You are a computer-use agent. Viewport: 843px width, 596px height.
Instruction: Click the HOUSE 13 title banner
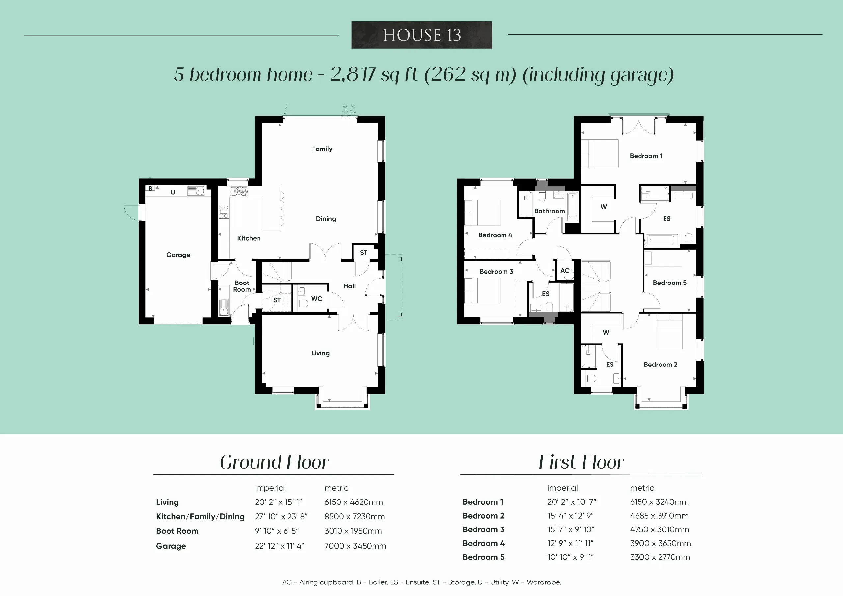(x=421, y=35)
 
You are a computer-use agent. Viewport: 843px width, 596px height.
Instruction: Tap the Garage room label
(x=178, y=255)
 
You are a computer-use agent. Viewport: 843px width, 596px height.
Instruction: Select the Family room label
(x=322, y=149)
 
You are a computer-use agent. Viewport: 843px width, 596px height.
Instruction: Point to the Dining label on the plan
(x=326, y=219)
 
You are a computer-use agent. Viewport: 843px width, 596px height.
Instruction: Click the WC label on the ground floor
(x=316, y=299)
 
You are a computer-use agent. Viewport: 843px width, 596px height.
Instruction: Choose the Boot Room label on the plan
(x=242, y=286)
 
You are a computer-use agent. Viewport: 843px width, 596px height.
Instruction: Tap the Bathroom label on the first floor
(x=549, y=211)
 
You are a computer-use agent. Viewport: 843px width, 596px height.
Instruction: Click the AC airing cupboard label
(x=565, y=271)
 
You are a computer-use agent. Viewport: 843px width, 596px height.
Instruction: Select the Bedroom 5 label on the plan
(x=669, y=283)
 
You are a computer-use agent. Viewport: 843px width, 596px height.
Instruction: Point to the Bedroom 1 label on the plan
(x=646, y=156)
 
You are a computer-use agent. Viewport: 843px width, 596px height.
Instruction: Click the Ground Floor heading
(x=274, y=462)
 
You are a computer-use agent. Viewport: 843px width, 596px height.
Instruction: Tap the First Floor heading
(x=581, y=462)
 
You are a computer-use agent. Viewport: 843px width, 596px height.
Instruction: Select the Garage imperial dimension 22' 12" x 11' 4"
(x=280, y=546)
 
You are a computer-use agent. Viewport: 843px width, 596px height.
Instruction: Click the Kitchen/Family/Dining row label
(x=200, y=517)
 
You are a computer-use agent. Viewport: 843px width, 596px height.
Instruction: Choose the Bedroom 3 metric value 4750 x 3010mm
(x=660, y=529)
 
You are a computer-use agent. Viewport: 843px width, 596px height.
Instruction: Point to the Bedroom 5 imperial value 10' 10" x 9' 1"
(x=570, y=557)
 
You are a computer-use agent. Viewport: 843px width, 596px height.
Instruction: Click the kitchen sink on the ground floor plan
(x=239, y=191)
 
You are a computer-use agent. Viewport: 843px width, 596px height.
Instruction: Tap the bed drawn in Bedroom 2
(x=669, y=331)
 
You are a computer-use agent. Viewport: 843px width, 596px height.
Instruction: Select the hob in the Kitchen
(x=224, y=212)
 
